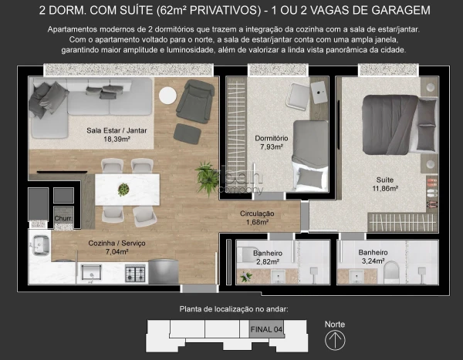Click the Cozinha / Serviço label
coord(117,243)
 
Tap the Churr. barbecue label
coord(63,219)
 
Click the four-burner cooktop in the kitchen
coord(136,272)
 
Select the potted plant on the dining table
coord(123,189)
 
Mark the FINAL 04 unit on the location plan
coord(266,328)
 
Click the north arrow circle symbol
coord(334,340)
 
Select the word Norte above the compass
coord(334,324)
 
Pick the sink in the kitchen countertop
coord(93,271)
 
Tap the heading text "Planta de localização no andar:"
coord(233,309)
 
